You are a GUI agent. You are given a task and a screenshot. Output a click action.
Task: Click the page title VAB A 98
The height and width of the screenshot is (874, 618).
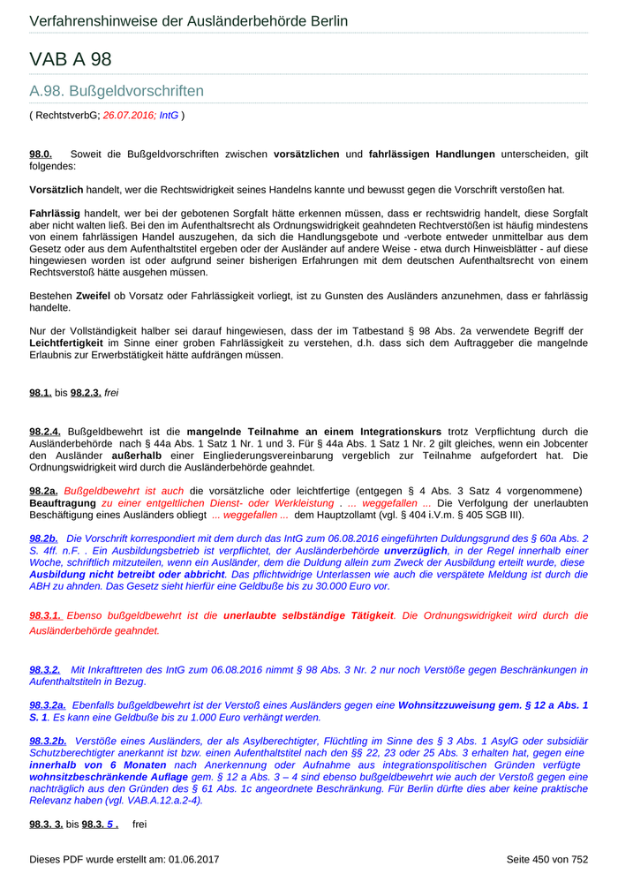(71, 60)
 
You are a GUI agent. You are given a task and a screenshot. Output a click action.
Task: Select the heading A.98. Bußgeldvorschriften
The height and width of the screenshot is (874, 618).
(117, 91)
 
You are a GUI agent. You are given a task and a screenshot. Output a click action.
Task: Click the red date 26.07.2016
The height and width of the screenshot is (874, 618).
(128, 115)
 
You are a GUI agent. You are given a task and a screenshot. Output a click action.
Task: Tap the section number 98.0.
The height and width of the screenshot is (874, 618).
(41, 154)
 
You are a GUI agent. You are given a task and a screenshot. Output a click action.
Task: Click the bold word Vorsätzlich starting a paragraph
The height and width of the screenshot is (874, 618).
(57, 190)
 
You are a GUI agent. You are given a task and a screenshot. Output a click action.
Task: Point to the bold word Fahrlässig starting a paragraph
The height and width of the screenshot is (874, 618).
(55, 214)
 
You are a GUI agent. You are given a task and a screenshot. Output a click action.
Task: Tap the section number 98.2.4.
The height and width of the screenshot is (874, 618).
(45, 431)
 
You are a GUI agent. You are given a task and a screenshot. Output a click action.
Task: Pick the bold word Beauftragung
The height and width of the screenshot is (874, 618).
(64, 502)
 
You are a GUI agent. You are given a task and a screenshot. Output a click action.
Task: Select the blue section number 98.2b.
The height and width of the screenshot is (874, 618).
(43, 538)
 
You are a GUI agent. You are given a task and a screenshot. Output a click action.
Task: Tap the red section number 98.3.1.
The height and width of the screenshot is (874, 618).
(46, 615)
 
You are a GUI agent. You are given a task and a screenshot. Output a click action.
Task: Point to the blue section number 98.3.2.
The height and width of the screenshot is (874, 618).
(45, 670)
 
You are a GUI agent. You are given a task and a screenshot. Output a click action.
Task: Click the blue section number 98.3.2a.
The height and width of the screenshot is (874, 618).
(48, 705)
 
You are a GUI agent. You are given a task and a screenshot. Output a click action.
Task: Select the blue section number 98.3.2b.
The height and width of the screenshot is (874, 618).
(48, 741)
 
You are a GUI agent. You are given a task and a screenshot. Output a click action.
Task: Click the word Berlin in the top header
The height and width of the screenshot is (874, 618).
(325, 21)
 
